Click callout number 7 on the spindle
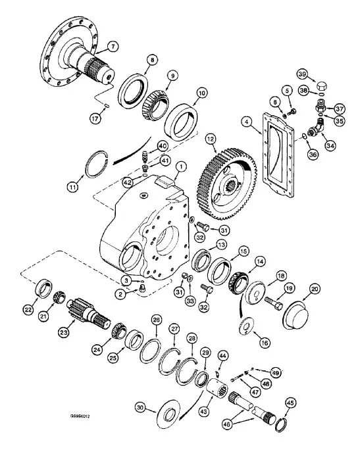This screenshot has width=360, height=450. click(x=113, y=47)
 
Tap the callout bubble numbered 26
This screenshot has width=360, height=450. click(x=156, y=320)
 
